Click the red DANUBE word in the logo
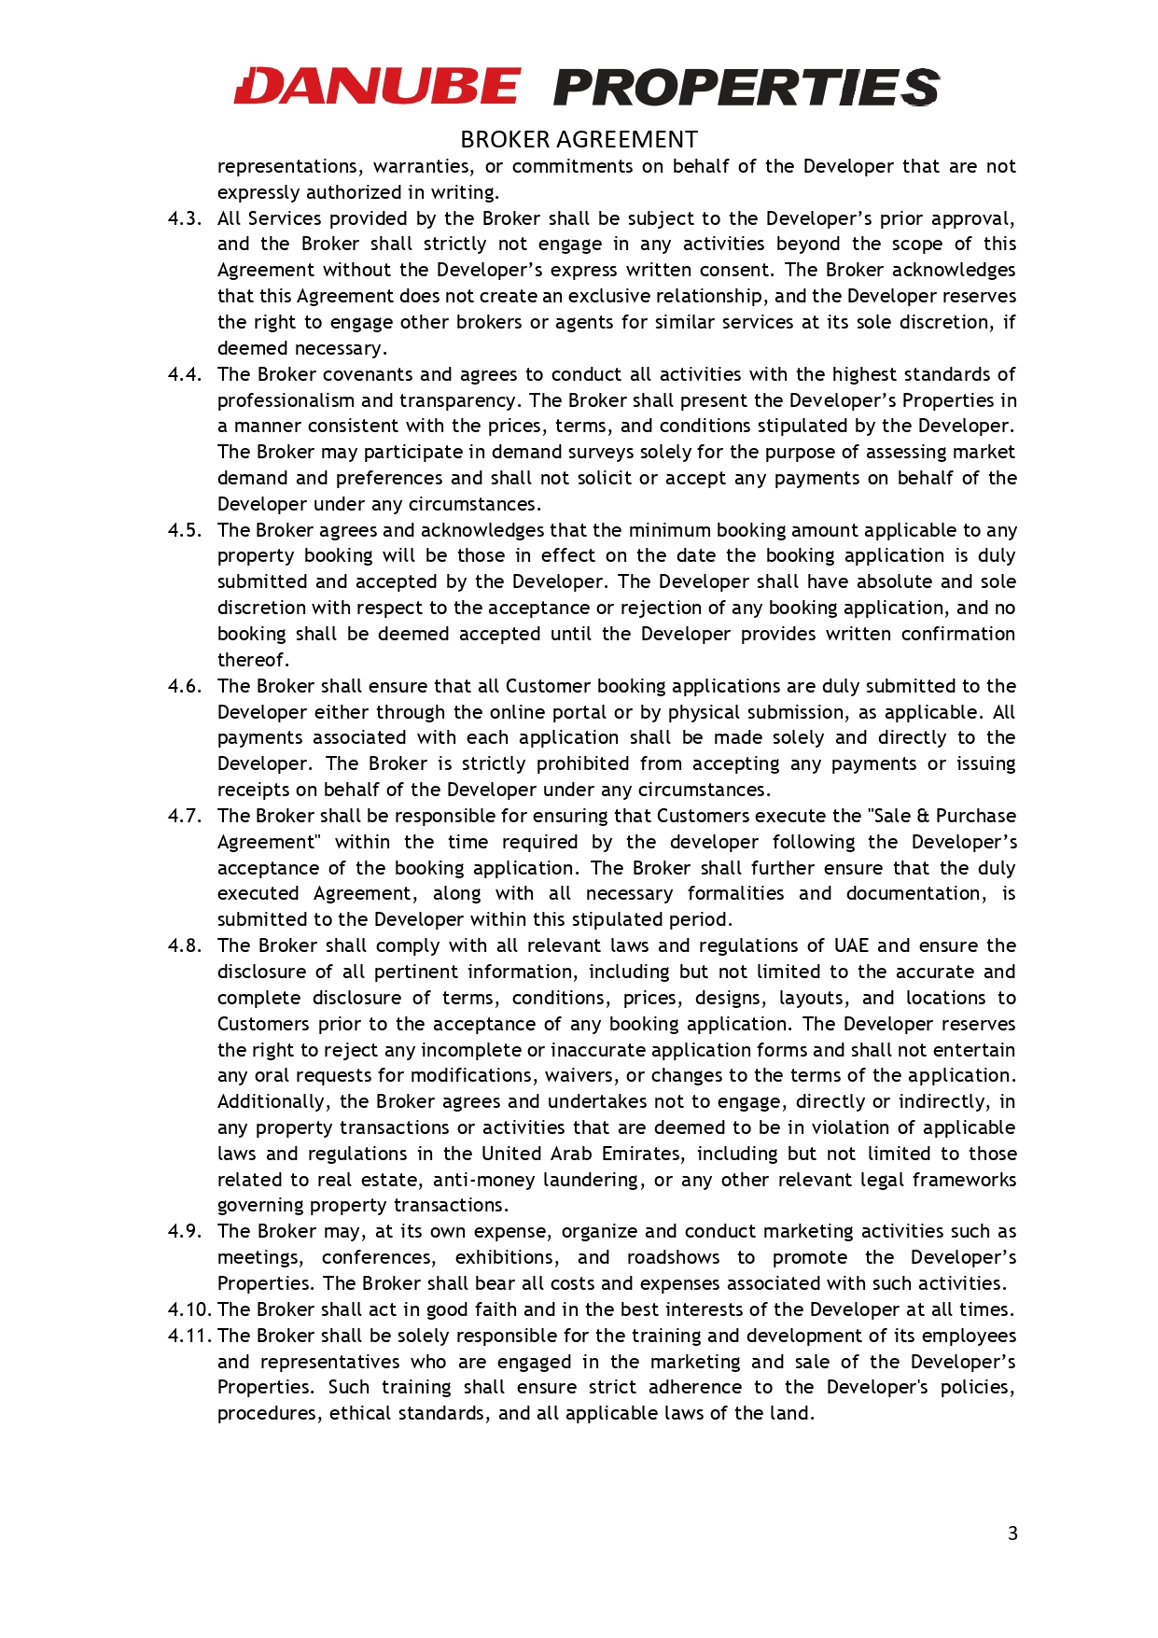point(377,87)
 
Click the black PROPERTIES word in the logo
point(746,88)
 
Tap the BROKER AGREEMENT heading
point(579,140)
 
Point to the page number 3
point(1012,1533)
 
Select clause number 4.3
point(184,218)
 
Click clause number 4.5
point(184,530)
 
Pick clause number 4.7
point(184,816)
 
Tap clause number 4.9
point(184,1231)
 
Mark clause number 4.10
point(188,1309)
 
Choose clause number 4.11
point(188,1336)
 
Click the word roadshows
point(673,1257)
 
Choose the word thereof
point(253,660)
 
